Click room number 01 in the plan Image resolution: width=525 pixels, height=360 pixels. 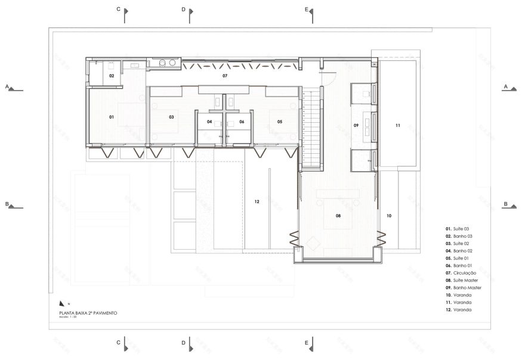click(112, 117)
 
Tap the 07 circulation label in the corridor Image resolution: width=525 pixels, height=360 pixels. click(225, 76)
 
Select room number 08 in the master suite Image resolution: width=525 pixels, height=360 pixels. click(338, 215)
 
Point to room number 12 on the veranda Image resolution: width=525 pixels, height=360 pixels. click(257, 202)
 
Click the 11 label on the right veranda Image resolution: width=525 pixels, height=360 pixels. click(397, 126)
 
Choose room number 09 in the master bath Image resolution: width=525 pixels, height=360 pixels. click(356, 126)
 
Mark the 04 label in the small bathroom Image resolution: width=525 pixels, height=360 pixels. click(209, 122)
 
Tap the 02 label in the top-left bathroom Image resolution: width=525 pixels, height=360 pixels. click(112, 76)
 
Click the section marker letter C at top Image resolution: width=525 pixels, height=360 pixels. click(118, 10)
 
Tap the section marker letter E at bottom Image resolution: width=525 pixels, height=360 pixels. click(306, 343)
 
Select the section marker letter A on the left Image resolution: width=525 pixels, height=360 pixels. click(7, 86)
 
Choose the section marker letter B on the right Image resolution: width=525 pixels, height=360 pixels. click(505, 204)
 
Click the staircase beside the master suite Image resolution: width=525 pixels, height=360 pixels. click(310, 131)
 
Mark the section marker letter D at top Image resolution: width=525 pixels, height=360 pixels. click(183, 10)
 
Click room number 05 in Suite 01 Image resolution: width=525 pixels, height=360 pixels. click(279, 122)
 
